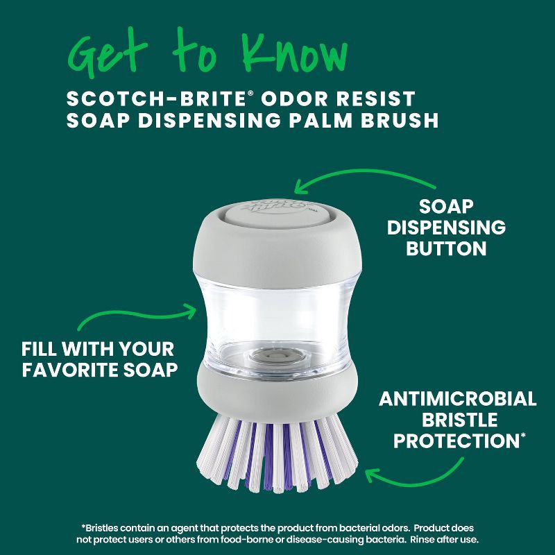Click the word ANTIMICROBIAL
[458, 400]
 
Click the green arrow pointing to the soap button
[361, 177]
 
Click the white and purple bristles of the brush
[277, 444]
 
